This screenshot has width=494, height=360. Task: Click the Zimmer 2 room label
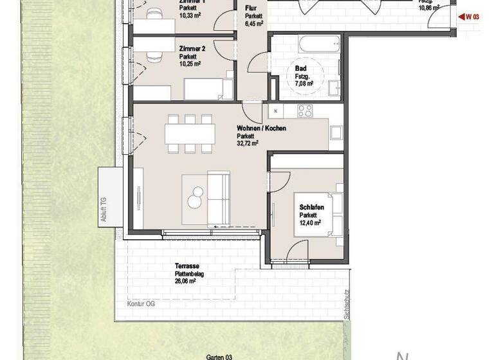[192, 49]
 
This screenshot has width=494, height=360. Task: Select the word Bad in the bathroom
[300, 67]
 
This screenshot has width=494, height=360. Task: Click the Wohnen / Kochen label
[261, 129]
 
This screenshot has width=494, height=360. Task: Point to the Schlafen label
[311, 208]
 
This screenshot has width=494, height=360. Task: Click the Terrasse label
[187, 265]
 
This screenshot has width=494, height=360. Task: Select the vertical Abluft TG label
[103, 210]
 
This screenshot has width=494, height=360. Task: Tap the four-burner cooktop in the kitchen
[305, 111]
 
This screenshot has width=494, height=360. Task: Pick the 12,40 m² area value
[310, 223]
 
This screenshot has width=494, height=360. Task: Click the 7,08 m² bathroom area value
[301, 84]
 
